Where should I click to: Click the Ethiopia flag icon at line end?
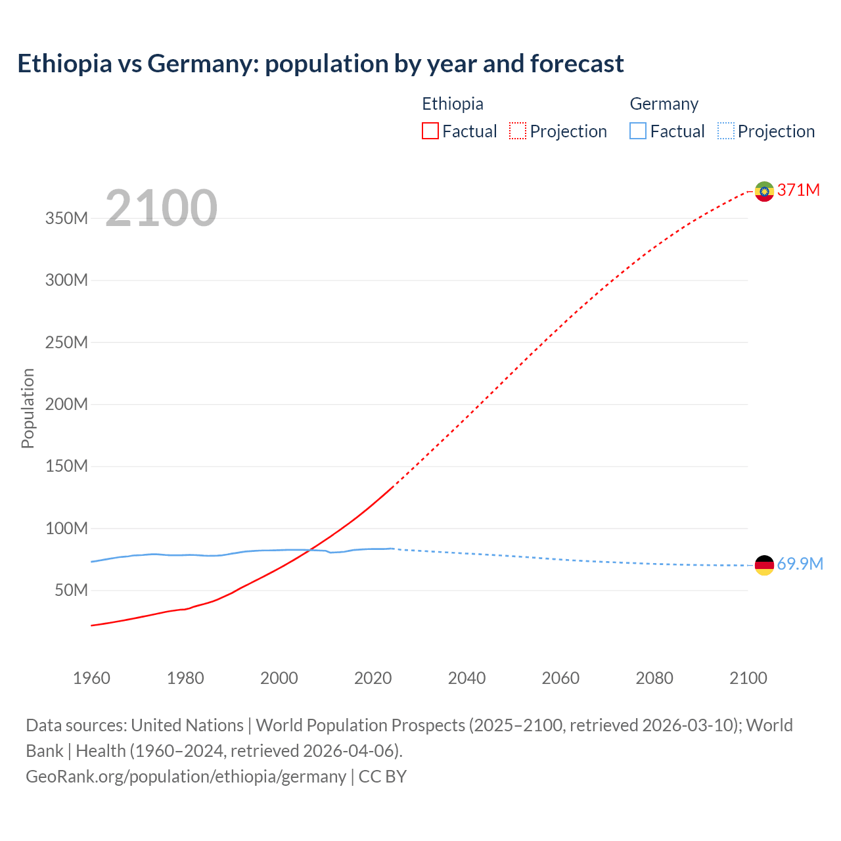764,191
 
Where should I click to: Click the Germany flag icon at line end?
764,565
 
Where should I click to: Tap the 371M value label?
798,190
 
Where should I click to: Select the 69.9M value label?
800,564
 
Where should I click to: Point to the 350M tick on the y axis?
66,218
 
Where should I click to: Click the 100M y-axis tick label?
66,528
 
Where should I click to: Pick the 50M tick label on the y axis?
71,590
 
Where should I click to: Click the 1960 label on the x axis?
91,678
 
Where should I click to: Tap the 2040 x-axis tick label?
466,678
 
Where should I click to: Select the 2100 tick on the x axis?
748,678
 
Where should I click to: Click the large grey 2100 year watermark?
161,208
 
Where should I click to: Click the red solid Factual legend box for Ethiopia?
430,131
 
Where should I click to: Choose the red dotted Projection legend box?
518,131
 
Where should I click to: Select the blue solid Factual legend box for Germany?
638,131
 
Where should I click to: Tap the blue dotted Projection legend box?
725,131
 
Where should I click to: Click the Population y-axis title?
28,408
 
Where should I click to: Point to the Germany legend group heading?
664,104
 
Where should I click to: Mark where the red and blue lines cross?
309,550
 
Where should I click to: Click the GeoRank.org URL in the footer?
186,776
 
